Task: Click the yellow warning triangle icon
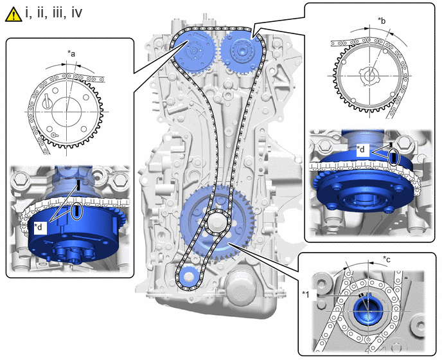coord(13,14)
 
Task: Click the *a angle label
coord(71,53)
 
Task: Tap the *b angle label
coord(382,21)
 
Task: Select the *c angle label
coord(387,258)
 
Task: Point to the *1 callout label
coord(306,294)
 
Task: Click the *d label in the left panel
coord(40,227)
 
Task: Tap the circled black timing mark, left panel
coord(77,211)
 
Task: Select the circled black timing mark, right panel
coord(394,157)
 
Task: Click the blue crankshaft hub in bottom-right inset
coord(367,310)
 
